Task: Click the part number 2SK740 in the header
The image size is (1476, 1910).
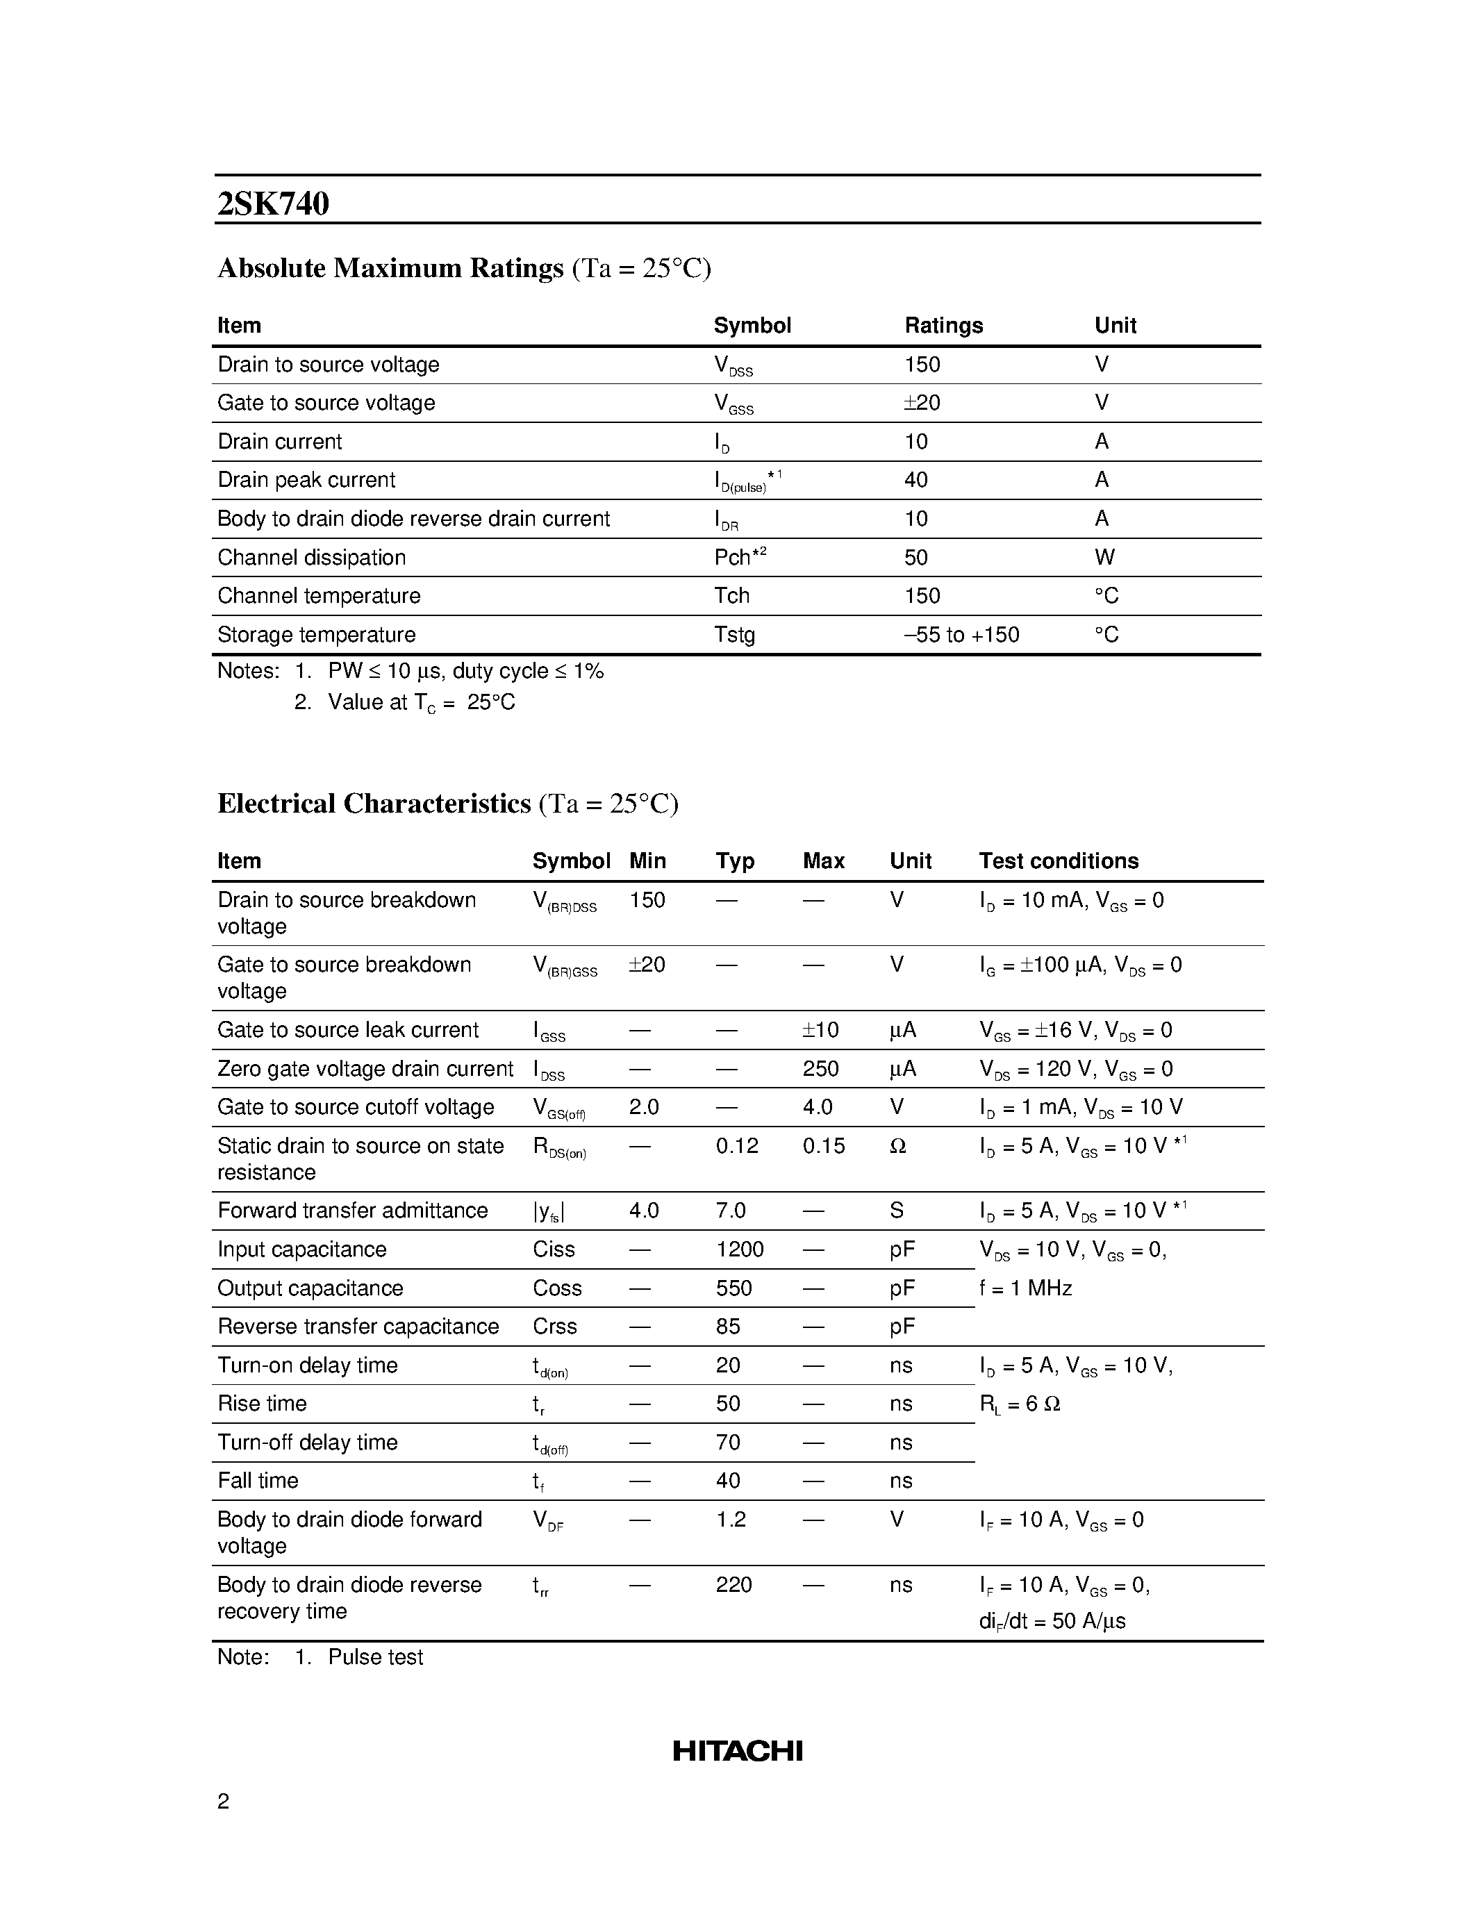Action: pyautogui.click(x=273, y=204)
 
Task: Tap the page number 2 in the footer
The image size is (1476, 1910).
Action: pyautogui.click(x=223, y=1801)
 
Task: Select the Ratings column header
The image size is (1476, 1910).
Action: pyautogui.click(x=943, y=325)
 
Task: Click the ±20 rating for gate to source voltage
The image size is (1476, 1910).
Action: pyautogui.click(x=922, y=402)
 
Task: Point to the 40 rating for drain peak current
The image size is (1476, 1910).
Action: pyautogui.click(x=915, y=479)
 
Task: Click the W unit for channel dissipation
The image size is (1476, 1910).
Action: pyautogui.click(x=1104, y=557)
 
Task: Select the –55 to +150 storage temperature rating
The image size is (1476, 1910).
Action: pyautogui.click(x=961, y=634)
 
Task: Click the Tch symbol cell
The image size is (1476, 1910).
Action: pyautogui.click(x=732, y=595)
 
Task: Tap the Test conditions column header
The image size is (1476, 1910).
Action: pyautogui.click(x=1058, y=861)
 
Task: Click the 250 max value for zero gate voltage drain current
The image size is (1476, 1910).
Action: pyautogui.click(x=820, y=1069)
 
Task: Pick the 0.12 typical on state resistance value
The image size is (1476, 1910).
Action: pyautogui.click(x=736, y=1145)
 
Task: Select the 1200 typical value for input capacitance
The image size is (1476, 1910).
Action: pyautogui.click(x=739, y=1249)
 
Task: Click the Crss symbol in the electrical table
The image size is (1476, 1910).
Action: pyautogui.click(x=554, y=1326)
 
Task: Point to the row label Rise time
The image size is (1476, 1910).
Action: pyautogui.click(x=261, y=1403)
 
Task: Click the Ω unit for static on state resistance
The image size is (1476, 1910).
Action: pyautogui.click(x=897, y=1145)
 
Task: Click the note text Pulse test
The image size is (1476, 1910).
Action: pyautogui.click(x=375, y=1656)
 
